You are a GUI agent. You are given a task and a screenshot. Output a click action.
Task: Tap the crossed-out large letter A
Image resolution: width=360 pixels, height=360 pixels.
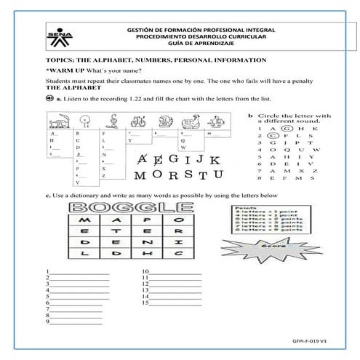pyautogui.click(x=143, y=159)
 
